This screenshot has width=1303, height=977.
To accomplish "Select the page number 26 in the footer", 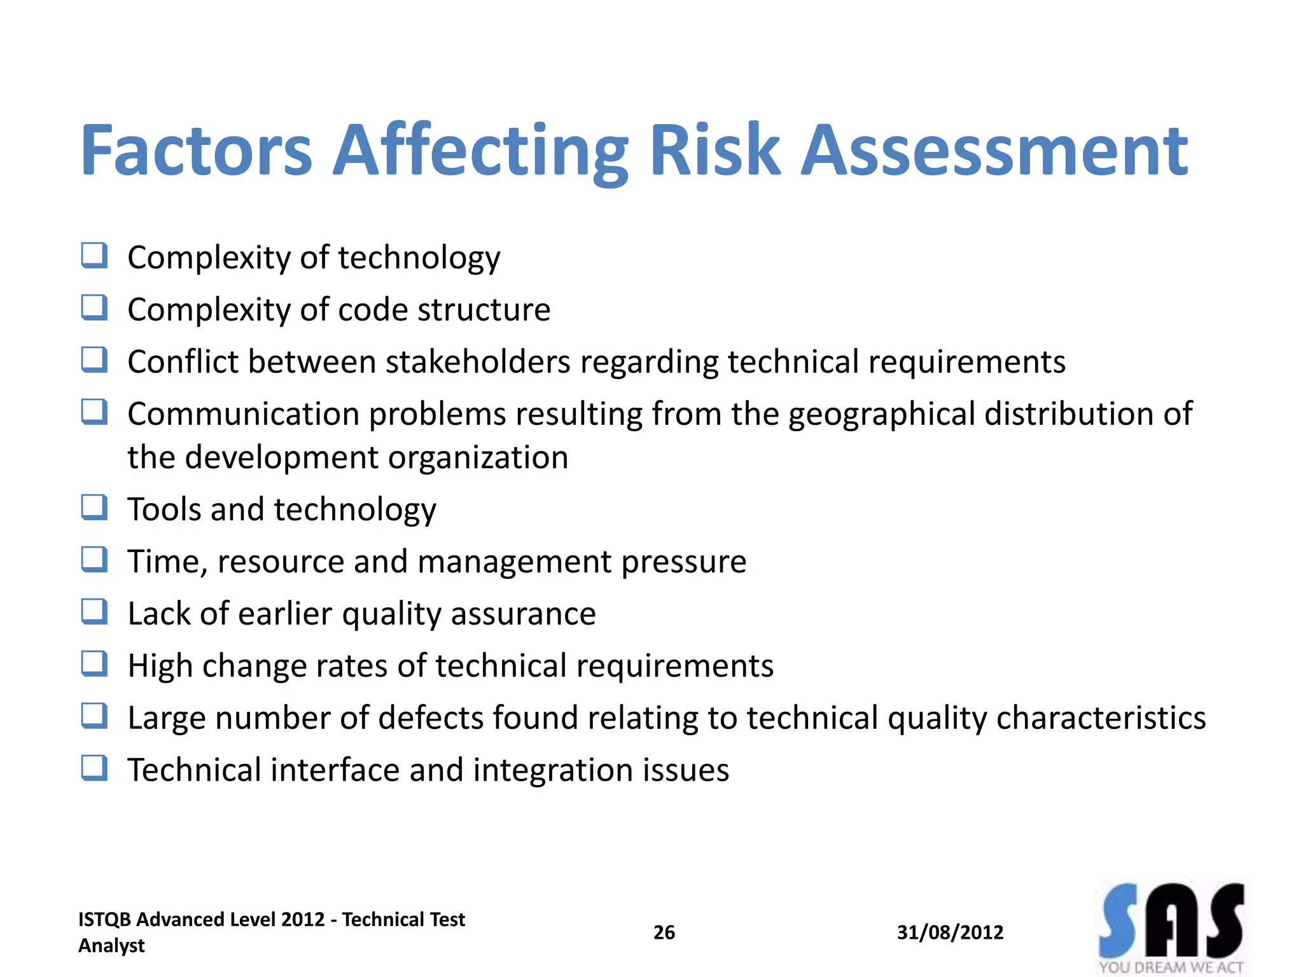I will click(x=664, y=932).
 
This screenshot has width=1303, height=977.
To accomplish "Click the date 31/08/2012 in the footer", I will click(x=950, y=932).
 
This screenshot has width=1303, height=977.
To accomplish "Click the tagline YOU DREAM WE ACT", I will click(x=1171, y=967).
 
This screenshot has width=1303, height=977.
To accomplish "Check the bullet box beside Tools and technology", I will click(x=94, y=508).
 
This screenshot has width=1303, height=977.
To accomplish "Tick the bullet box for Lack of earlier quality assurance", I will click(x=94, y=612).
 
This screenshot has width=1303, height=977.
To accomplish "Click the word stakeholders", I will click(x=478, y=362).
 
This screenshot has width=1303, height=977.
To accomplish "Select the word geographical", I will click(x=881, y=415).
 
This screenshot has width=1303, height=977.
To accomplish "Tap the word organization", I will click(x=478, y=458).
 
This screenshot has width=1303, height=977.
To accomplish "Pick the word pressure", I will click(x=683, y=562).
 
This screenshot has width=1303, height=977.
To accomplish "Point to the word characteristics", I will click(x=1101, y=718).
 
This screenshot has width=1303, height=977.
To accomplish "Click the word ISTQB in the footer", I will click(x=104, y=920).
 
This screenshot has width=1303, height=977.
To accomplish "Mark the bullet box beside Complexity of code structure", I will click(x=94, y=308).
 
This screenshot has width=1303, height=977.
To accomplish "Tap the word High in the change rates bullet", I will click(x=160, y=667).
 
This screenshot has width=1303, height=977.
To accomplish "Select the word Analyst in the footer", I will click(x=111, y=946).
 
